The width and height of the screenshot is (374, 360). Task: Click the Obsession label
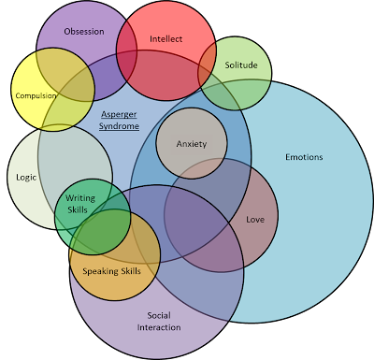[83, 31]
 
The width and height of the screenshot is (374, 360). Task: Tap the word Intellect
[165, 39]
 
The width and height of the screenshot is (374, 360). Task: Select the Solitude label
[240, 65]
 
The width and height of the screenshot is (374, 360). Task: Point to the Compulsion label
[36, 95]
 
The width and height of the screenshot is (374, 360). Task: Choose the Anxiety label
[191, 144]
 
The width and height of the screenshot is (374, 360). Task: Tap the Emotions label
[304, 157]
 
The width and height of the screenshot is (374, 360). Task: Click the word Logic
[26, 177]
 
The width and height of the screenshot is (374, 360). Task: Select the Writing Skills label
[80, 204]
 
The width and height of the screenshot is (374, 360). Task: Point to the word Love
[254, 220]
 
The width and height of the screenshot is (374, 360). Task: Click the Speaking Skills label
[112, 270]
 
